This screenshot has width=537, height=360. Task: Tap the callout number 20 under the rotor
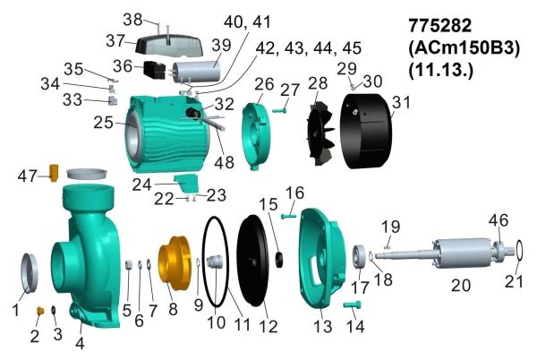(459, 287)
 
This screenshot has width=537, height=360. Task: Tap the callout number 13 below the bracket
(321, 329)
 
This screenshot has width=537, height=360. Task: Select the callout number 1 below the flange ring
(14, 311)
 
